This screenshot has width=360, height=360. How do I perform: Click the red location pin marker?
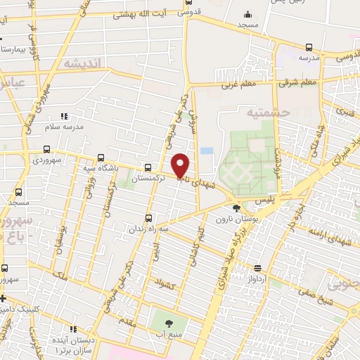pyautogui.click(x=181, y=165)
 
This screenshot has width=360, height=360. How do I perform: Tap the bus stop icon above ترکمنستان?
pyautogui.click(x=148, y=167)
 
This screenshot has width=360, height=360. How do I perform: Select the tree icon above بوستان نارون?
pyautogui.click(x=236, y=207)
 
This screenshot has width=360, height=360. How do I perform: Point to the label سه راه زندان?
pyautogui.click(x=148, y=229)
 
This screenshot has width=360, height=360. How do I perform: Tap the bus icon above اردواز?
pyautogui.click(x=258, y=268)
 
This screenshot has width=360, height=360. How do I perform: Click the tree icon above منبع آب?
pyautogui.click(x=168, y=323)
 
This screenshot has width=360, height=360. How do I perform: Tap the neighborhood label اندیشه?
pyautogui.click(x=82, y=63)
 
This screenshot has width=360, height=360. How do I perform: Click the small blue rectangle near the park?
pyautogui.click(x=206, y=151)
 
